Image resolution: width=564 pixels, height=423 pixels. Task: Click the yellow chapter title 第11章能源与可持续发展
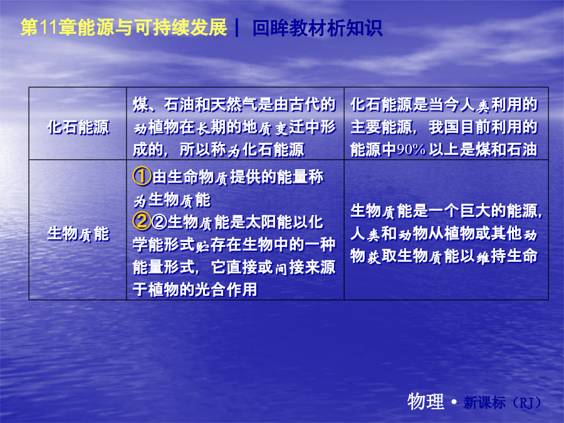tap(123, 28)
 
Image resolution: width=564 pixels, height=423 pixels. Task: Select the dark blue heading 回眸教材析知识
tap(317, 28)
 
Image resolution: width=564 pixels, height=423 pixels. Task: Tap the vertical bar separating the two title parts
tap(237, 28)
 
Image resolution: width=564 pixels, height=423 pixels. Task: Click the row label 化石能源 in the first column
tap(78, 127)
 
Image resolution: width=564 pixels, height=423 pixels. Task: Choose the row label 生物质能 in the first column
tap(78, 234)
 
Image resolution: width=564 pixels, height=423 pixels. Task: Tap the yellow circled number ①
tap(142, 176)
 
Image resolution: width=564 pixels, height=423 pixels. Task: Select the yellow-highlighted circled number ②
tap(142, 221)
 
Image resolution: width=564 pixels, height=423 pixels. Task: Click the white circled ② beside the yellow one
tap(159, 222)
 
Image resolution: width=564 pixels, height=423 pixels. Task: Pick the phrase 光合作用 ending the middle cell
tap(226, 290)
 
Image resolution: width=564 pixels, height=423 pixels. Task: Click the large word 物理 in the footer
tap(426, 401)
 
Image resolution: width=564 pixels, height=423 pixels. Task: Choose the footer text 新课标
tap(484, 403)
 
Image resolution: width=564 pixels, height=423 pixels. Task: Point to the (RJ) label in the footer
tap(526, 403)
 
